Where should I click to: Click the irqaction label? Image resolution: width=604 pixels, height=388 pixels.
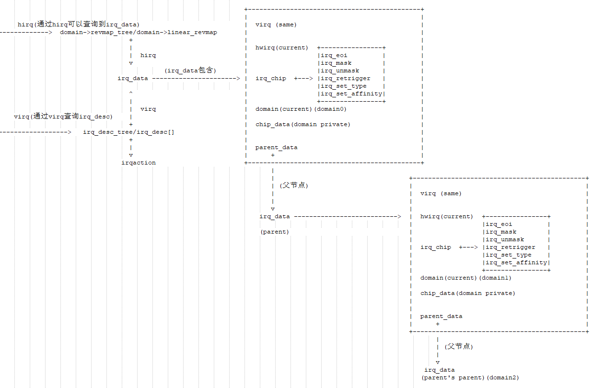click(x=139, y=163)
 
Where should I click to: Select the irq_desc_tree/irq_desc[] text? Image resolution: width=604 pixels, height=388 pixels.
click(x=128, y=132)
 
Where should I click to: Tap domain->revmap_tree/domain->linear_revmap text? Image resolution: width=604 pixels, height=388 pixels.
click(x=139, y=32)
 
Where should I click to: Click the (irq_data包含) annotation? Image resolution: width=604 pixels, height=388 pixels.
click(x=190, y=71)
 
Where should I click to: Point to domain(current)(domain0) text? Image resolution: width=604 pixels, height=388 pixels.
click(x=301, y=109)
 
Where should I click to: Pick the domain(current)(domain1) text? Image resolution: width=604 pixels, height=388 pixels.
click(x=465, y=278)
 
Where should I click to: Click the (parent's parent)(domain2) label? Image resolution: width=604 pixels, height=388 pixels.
click(x=470, y=377)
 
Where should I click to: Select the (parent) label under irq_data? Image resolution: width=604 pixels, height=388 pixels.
click(x=275, y=232)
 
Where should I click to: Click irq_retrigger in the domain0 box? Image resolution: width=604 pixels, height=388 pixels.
click(x=345, y=78)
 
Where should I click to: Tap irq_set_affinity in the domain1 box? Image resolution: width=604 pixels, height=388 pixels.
click(x=516, y=262)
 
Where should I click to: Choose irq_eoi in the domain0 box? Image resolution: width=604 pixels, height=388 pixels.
click(x=334, y=55)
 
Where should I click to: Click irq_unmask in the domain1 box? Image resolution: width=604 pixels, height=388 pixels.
click(x=504, y=239)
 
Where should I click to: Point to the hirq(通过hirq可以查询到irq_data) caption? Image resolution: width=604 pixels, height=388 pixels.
click(x=78, y=24)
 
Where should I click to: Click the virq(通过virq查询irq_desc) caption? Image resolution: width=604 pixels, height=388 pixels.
click(x=63, y=117)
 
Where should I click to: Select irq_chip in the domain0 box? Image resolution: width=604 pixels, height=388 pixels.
click(x=270, y=78)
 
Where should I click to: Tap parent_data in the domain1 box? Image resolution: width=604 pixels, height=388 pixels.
click(x=441, y=316)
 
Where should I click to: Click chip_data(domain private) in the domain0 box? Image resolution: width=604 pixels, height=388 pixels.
click(x=302, y=124)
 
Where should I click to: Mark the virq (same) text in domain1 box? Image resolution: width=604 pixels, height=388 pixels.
click(x=441, y=193)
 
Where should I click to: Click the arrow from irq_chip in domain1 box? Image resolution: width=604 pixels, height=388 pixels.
click(x=468, y=247)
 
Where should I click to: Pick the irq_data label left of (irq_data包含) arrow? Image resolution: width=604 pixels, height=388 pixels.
click(x=133, y=78)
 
